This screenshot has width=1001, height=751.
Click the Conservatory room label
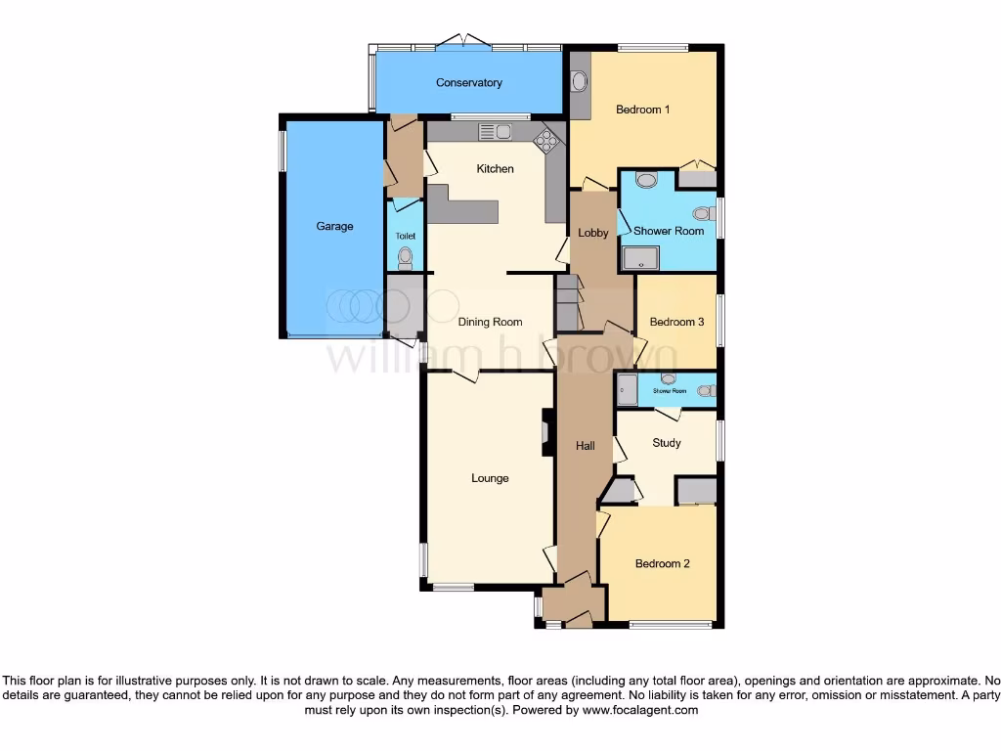468,83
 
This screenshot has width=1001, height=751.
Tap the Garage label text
334,226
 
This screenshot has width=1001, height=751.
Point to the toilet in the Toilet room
406,257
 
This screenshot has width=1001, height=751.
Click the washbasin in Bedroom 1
579,82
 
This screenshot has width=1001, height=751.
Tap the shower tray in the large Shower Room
640,257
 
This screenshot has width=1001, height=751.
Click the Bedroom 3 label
676,322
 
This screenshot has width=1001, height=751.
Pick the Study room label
667,443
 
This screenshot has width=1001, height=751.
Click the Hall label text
585,446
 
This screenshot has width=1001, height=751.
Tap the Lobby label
593,233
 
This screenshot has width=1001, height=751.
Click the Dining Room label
490,322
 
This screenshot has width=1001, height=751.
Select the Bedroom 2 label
663,563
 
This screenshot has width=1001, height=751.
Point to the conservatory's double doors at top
464,42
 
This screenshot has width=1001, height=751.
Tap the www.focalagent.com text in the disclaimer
640,710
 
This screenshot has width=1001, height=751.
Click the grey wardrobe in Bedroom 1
697,180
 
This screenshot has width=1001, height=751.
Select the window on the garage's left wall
282,152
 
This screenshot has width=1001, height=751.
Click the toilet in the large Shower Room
701,213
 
